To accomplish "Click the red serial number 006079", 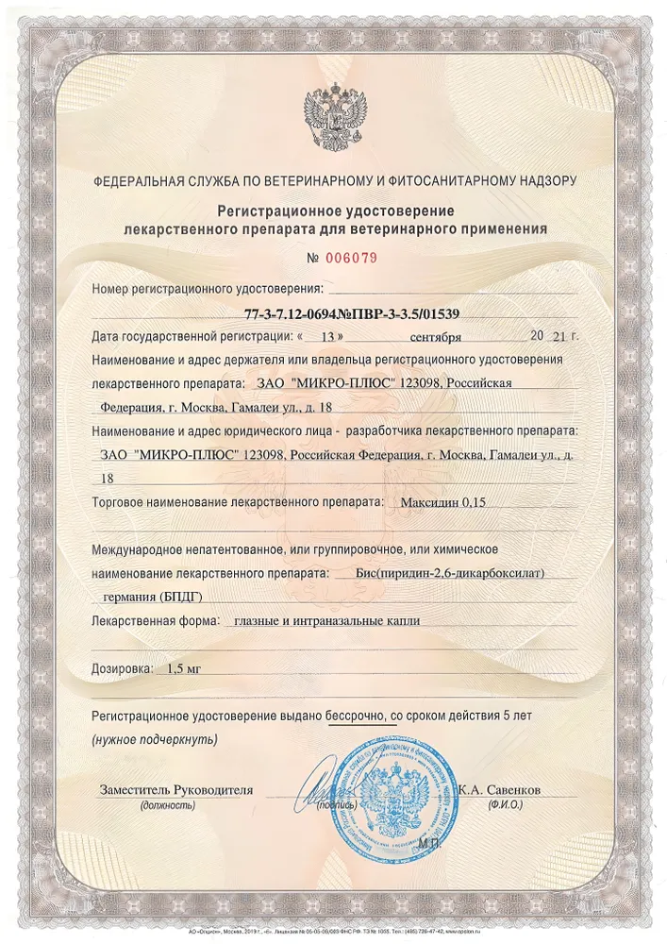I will pyautogui.click(x=352, y=257).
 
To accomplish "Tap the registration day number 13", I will pyautogui.click(x=327, y=336).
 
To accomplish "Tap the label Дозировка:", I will pyautogui.click(x=122, y=668).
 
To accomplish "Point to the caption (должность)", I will pyautogui.click(x=167, y=806).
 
